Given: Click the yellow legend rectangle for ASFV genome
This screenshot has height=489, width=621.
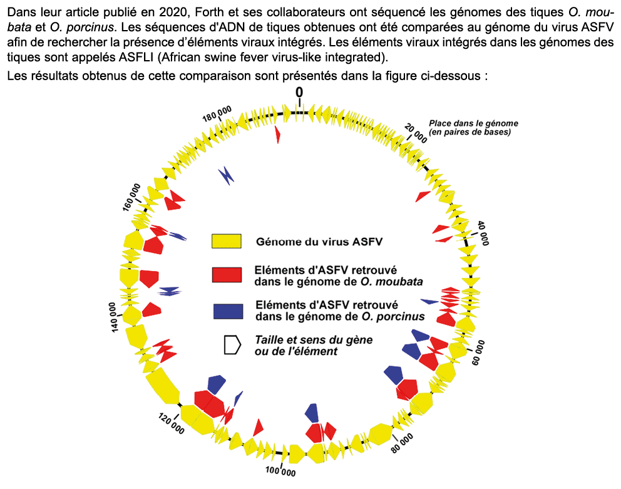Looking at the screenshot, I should coord(227,242).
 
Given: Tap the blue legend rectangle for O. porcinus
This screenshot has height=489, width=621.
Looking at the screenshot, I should coord(227,311).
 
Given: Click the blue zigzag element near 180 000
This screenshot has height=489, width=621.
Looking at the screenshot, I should coord(227,176).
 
